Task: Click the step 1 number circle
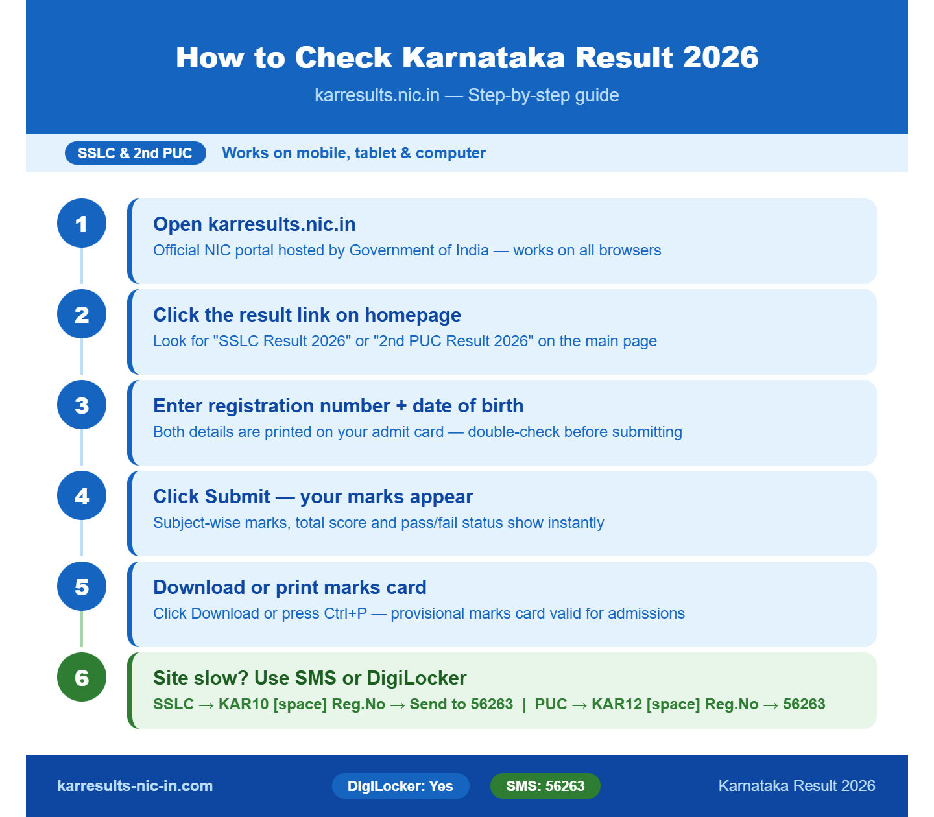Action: [x=82, y=223]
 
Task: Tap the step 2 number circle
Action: [x=82, y=314]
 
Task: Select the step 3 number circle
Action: [x=82, y=405]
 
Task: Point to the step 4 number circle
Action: [x=82, y=495]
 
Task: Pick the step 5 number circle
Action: [x=82, y=586]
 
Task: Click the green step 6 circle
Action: [x=82, y=677]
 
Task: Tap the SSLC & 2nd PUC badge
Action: [x=135, y=153]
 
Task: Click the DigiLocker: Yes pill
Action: [x=400, y=786]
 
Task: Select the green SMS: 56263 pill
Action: [x=545, y=786]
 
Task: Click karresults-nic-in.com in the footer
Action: [x=135, y=786]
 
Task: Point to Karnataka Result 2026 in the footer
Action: [x=796, y=786]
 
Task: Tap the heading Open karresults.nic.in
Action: [x=254, y=224]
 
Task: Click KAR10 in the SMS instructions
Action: [x=243, y=704]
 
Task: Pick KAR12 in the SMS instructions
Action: [x=616, y=704]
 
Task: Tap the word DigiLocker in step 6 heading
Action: [x=416, y=678]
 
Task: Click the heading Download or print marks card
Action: [x=289, y=587]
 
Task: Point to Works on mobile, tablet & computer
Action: [x=353, y=153]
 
